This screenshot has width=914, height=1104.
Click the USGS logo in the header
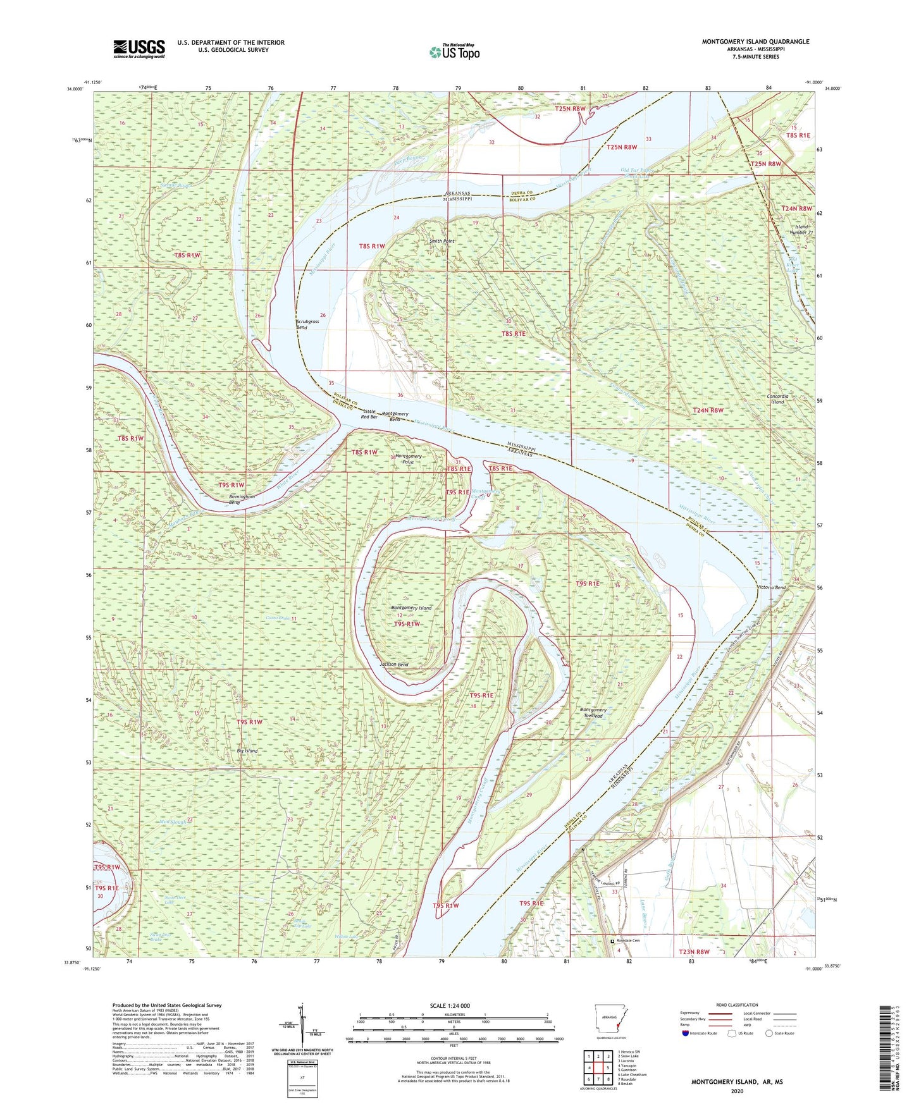[x=139, y=48]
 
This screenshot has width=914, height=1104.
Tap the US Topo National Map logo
[x=454, y=52]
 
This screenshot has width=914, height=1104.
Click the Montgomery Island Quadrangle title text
[x=755, y=42]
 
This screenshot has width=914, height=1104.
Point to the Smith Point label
[x=442, y=241]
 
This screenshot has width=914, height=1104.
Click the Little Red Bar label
[x=369, y=414]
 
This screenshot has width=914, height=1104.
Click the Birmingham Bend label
[x=242, y=500]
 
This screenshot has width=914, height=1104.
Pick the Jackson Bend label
[x=393, y=665]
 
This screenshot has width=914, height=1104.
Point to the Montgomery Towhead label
[x=593, y=713]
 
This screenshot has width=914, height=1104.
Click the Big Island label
[x=247, y=751]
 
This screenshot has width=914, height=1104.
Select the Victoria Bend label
[x=771, y=587]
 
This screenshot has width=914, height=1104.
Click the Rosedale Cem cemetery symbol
[x=612, y=940]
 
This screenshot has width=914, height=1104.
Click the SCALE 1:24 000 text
[x=449, y=1005]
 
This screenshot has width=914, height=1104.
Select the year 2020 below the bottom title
[x=736, y=1090]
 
